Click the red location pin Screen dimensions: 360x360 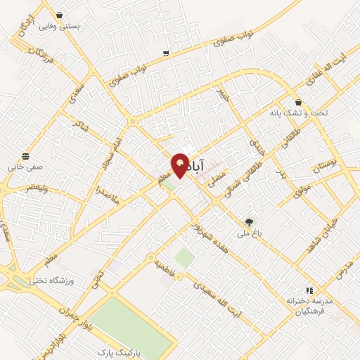click(180, 165)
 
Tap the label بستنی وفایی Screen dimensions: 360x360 click(59, 27)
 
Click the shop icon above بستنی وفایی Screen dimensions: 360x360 click(58, 14)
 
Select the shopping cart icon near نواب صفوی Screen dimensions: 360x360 click(165, 53)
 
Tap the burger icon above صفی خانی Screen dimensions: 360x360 click(26, 155)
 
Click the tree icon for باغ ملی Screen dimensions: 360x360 click(250, 222)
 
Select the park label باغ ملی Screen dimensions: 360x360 click(250, 235)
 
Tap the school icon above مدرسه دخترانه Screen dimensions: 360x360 click(309, 290)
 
